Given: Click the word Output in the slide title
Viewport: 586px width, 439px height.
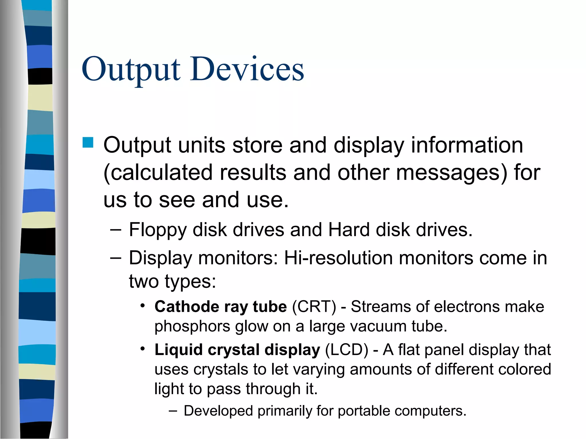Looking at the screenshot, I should click(131, 69).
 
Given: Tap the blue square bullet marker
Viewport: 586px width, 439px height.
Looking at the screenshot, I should click(88, 142).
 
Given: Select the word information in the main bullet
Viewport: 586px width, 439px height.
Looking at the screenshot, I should click(467, 145).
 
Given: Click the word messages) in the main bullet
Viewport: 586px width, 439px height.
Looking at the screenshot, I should click(452, 173).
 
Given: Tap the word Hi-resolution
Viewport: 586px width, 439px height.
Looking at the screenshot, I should click(338, 258).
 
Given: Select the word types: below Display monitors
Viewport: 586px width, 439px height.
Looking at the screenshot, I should click(190, 281).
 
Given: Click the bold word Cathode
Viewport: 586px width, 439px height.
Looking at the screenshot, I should click(186, 307).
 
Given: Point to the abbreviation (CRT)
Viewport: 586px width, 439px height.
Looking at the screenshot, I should click(314, 307).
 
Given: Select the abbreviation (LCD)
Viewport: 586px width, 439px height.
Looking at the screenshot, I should click(347, 350).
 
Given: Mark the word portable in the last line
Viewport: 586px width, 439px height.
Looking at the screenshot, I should click(364, 411).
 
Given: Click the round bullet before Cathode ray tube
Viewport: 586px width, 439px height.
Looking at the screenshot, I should click(143, 306).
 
